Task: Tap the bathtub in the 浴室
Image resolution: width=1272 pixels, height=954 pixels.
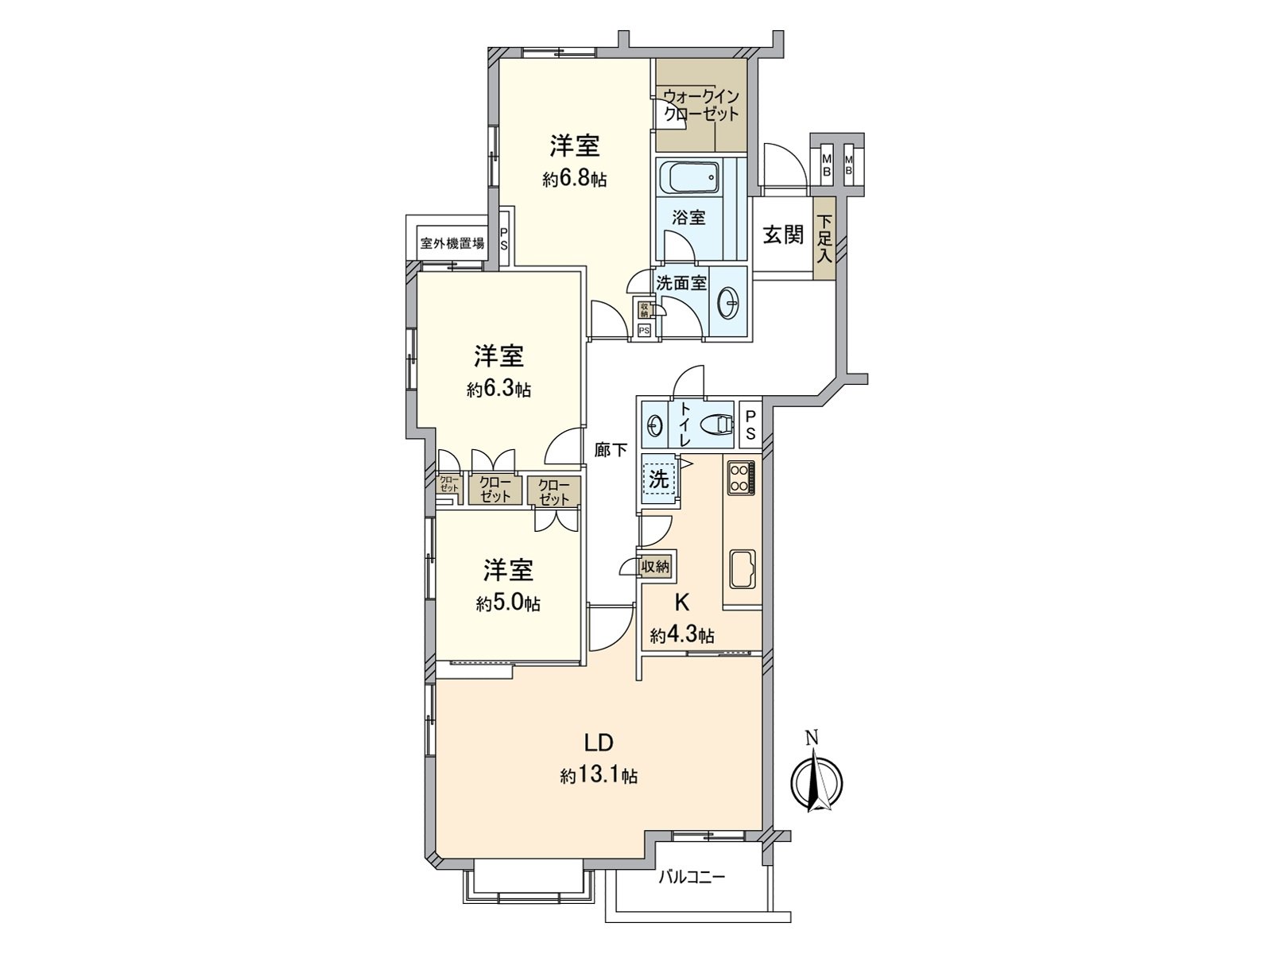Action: (688, 177)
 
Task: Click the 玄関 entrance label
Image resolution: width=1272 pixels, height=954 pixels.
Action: (783, 235)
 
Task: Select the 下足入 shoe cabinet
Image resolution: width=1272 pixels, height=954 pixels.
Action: (824, 237)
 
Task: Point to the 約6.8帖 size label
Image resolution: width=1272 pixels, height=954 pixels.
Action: (575, 180)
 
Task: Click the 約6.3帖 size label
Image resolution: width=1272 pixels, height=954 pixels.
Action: (498, 390)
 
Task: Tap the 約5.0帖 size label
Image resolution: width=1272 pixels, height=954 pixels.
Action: (509, 604)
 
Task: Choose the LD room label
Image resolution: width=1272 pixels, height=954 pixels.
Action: (598, 743)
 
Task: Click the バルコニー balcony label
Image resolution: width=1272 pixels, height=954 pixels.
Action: (692, 878)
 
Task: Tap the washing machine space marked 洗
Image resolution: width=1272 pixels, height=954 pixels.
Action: (659, 479)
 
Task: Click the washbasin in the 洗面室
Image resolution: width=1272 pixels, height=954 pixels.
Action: (728, 301)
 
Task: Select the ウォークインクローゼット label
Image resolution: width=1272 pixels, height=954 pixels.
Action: (701, 104)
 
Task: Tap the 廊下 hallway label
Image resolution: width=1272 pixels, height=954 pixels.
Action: (611, 450)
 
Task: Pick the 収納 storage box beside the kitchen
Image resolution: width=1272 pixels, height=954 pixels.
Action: (656, 566)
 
